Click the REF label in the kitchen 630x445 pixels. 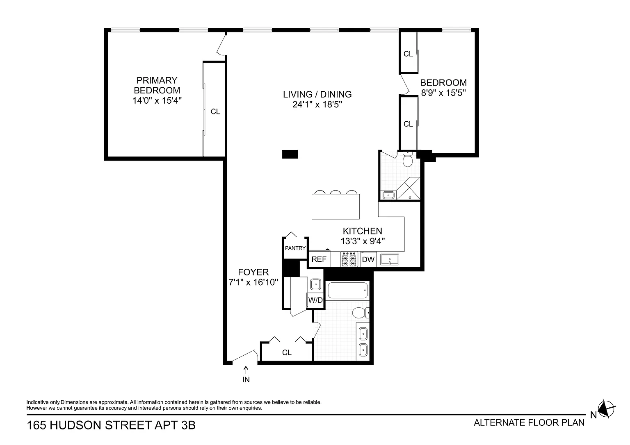point(319,259)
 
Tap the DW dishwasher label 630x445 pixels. point(368,260)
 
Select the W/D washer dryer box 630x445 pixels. point(315,300)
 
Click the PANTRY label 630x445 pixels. point(295,248)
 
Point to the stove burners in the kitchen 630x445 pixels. point(349,259)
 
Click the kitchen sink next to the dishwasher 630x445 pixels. point(390,260)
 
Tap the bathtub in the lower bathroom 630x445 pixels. point(348,290)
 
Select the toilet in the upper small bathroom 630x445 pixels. point(408,159)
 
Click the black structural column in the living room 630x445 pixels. point(290,154)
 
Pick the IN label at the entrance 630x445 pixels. point(246,379)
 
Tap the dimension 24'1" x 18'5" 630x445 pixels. point(317,104)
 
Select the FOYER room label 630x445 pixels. point(253,272)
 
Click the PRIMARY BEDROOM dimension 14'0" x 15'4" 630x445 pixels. point(157,100)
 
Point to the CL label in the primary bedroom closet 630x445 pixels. point(215,112)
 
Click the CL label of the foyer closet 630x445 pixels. point(287,352)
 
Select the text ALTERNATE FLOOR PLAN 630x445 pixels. point(529,423)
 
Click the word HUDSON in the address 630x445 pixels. point(75,425)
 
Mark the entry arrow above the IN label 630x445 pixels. point(246,370)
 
